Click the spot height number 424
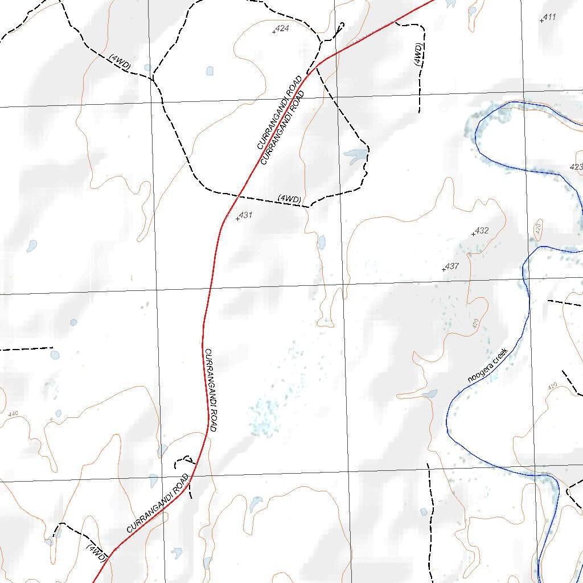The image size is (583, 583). [282, 28]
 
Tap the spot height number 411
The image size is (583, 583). [549, 17]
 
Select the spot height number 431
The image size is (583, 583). [245, 215]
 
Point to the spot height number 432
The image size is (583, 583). [482, 231]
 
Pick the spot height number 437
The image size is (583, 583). [452, 266]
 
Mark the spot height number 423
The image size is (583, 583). [576, 167]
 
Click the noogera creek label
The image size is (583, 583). [487, 365]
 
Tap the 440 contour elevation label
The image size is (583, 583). [13, 414]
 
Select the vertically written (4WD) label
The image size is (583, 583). [418, 55]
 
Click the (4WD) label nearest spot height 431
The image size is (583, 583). [289, 199]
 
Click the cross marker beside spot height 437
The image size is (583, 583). [444, 269]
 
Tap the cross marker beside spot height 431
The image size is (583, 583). [237, 219]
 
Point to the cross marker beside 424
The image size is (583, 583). [274, 31]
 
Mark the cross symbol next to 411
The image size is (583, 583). [541, 20]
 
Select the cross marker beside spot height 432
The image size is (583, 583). [473, 234]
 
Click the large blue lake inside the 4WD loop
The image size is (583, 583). [355, 155]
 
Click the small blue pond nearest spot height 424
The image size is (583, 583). [210, 71]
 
